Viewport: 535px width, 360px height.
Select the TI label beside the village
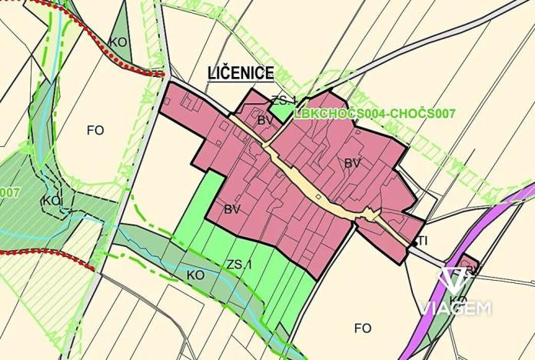pos(422,242)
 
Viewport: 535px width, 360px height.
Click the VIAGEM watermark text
pos(456,308)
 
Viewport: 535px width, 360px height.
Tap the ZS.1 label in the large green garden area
pos(239,265)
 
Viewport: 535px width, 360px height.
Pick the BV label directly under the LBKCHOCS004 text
pos(352,163)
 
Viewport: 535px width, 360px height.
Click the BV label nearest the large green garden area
pos(233,208)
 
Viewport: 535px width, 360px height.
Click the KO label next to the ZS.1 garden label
pos(194,274)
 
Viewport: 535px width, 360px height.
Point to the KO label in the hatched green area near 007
pos(52,201)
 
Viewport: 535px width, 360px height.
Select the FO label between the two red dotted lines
pos(95,130)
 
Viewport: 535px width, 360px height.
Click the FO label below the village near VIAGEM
pos(363,328)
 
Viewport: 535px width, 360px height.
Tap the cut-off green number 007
pos(9,192)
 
